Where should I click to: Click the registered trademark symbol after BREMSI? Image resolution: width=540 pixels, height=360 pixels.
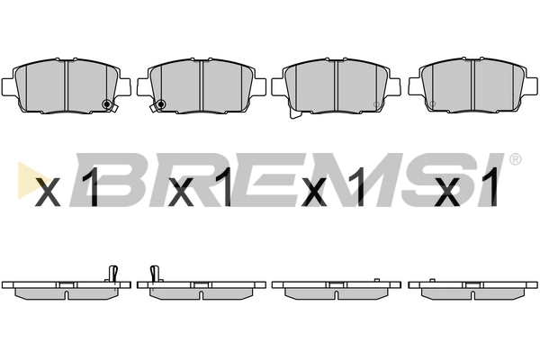click(516, 159)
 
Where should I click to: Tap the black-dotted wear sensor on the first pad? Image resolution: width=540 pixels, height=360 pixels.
click(107, 104)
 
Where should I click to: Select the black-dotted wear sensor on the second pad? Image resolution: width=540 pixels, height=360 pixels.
click(161, 104)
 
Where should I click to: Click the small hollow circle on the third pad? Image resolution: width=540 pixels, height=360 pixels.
click(376, 104)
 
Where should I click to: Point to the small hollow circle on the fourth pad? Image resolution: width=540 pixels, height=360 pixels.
click(433, 103)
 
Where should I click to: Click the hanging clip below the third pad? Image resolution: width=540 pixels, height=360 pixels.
click(294, 113)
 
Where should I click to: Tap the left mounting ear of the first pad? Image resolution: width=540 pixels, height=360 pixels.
click(7, 86)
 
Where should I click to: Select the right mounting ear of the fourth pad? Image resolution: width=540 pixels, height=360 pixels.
click(532, 85)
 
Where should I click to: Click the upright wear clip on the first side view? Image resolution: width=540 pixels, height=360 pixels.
click(113, 274)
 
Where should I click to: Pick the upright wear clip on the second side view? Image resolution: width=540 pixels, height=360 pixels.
click(155, 274)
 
